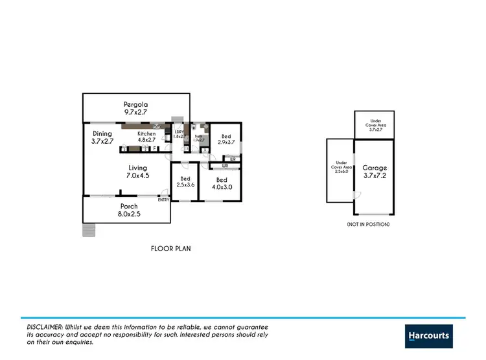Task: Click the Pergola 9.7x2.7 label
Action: pyautogui.click(x=137, y=108)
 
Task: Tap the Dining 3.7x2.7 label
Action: pyautogui.click(x=102, y=137)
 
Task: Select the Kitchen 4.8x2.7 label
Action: pyautogui.click(x=146, y=137)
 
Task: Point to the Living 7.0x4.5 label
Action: pyautogui.click(x=137, y=171)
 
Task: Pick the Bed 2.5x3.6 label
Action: pyautogui.click(x=185, y=181)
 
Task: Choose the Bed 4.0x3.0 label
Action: pyautogui.click(x=222, y=183)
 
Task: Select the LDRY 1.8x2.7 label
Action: pyautogui.click(x=179, y=135)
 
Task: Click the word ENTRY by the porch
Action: pyautogui.click(x=163, y=199)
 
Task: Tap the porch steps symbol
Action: pyautogui.click(x=89, y=230)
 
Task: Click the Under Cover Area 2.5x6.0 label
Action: pyautogui.click(x=341, y=167)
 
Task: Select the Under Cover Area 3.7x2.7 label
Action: pyautogui.click(x=376, y=125)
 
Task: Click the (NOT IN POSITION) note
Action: pyautogui.click(x=368, y=224)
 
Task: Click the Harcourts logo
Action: pyautogui.click(x=428, y=335)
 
